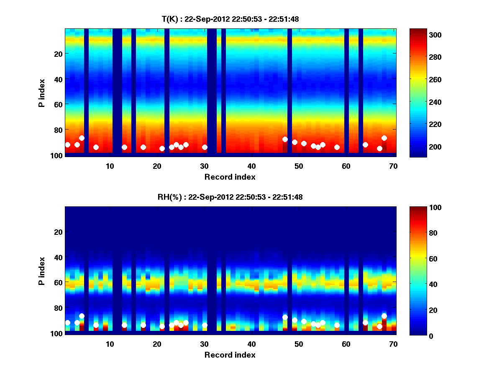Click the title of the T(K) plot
pos(230,19)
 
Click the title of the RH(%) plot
pos(230,197)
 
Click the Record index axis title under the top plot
pos(230,177)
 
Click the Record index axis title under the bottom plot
pos(230,355)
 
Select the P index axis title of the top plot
pos(42,92)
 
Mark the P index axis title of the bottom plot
pos(42,270)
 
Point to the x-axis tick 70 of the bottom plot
pos(393,344)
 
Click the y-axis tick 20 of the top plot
pos(58,53)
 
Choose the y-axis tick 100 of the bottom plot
pos(56,333)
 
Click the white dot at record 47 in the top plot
pos(285,139)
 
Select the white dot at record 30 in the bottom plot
pos(205,325)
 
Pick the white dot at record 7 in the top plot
pos(96,147)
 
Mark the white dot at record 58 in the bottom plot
pos(337,325)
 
